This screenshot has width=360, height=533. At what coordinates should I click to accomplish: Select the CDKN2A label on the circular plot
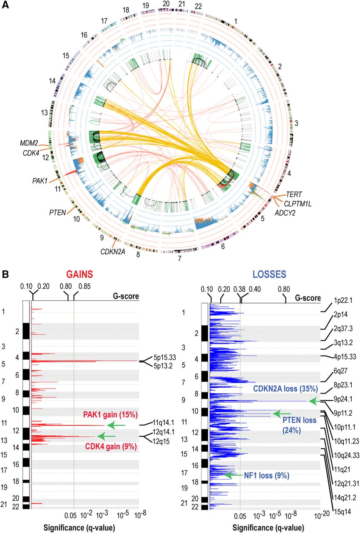point(100,251)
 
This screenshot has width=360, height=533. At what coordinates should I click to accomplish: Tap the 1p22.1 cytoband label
point(343,299)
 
